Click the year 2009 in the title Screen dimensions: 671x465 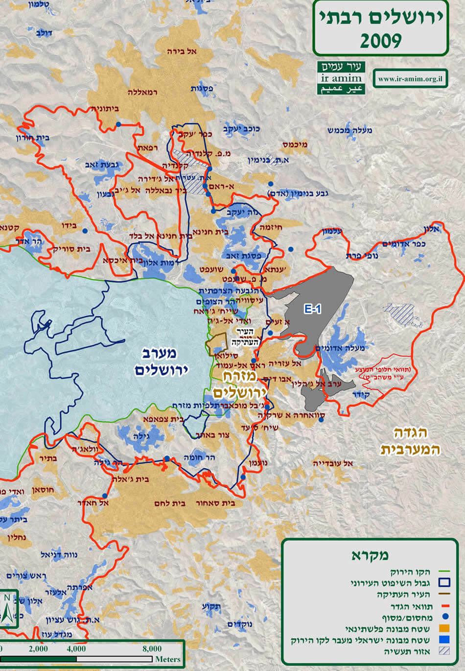pyautogui.click(x=380, y=41)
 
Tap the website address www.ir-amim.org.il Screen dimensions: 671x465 pyautogui.click(x=410, y=78)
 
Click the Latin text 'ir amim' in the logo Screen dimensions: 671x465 pyautogui.click(x=341, y=78)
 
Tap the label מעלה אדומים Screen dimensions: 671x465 pyautogui.click(x=341, y=348)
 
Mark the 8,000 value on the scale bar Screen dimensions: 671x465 pyautogui.click(x=152, y=648)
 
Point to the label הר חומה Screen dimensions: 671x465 pyautogui.click(x=197, y=457)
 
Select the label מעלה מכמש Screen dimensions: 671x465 pyautogui.click(x=350, y=130)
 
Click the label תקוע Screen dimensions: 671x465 pyautogui.click(x=212, y=606)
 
